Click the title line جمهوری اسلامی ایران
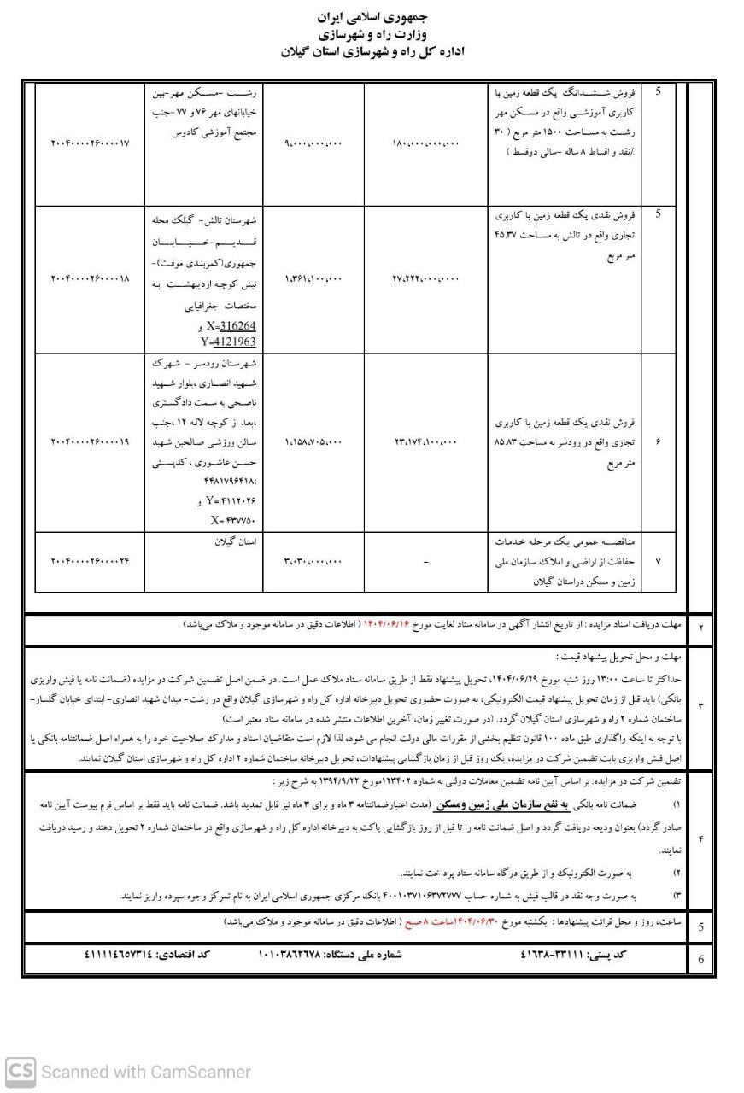372,17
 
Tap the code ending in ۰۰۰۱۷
90,144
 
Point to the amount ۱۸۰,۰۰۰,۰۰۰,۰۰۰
427,144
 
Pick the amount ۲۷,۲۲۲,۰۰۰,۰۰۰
427,278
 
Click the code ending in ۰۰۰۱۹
90,441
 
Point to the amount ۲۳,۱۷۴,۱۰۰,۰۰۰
427,441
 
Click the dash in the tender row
426,561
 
